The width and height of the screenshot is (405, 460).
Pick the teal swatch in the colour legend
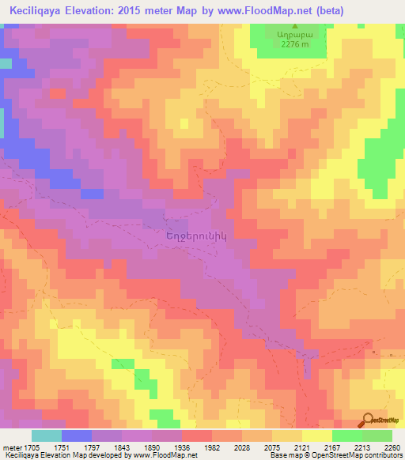coord(46,435)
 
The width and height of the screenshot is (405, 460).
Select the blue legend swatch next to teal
coord(76,435)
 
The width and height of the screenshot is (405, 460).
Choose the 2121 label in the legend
coord(309,447)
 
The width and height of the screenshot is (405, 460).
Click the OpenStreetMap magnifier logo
coord(369,420)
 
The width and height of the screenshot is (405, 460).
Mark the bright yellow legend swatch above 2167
coord(317,435)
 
